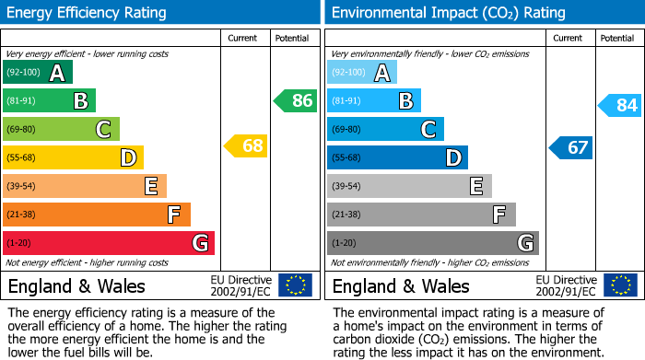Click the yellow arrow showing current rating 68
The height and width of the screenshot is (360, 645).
coord(245,145)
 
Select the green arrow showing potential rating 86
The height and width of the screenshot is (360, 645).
coord(295,100)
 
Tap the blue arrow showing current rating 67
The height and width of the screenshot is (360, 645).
coord(570,147)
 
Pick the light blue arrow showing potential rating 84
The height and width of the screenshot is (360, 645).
coord(619,105)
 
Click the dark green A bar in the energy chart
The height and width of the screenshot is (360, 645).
coord(38,73)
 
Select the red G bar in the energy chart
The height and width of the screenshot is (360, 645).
coord(109,243)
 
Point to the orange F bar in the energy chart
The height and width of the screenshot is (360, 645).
coord(97,215)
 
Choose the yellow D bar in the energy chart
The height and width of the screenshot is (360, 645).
coord(73,157)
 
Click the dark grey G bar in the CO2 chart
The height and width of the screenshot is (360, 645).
coord(432,243)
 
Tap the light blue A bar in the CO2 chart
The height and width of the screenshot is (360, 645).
coord(362,73)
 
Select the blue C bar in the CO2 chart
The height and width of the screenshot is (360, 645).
coord(385,129)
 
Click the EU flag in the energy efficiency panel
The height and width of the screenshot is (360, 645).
coord(295,285)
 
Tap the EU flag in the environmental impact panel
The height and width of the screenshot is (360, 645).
coord(620,285)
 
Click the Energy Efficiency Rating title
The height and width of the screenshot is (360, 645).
coord(88,13)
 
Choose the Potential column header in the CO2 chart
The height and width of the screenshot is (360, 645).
coord(616,38)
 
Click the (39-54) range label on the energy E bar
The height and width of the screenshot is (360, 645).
coord(21,186)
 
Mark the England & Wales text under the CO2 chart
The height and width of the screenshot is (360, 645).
coord(401,285)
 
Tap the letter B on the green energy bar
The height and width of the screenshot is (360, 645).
coord(80,101)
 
